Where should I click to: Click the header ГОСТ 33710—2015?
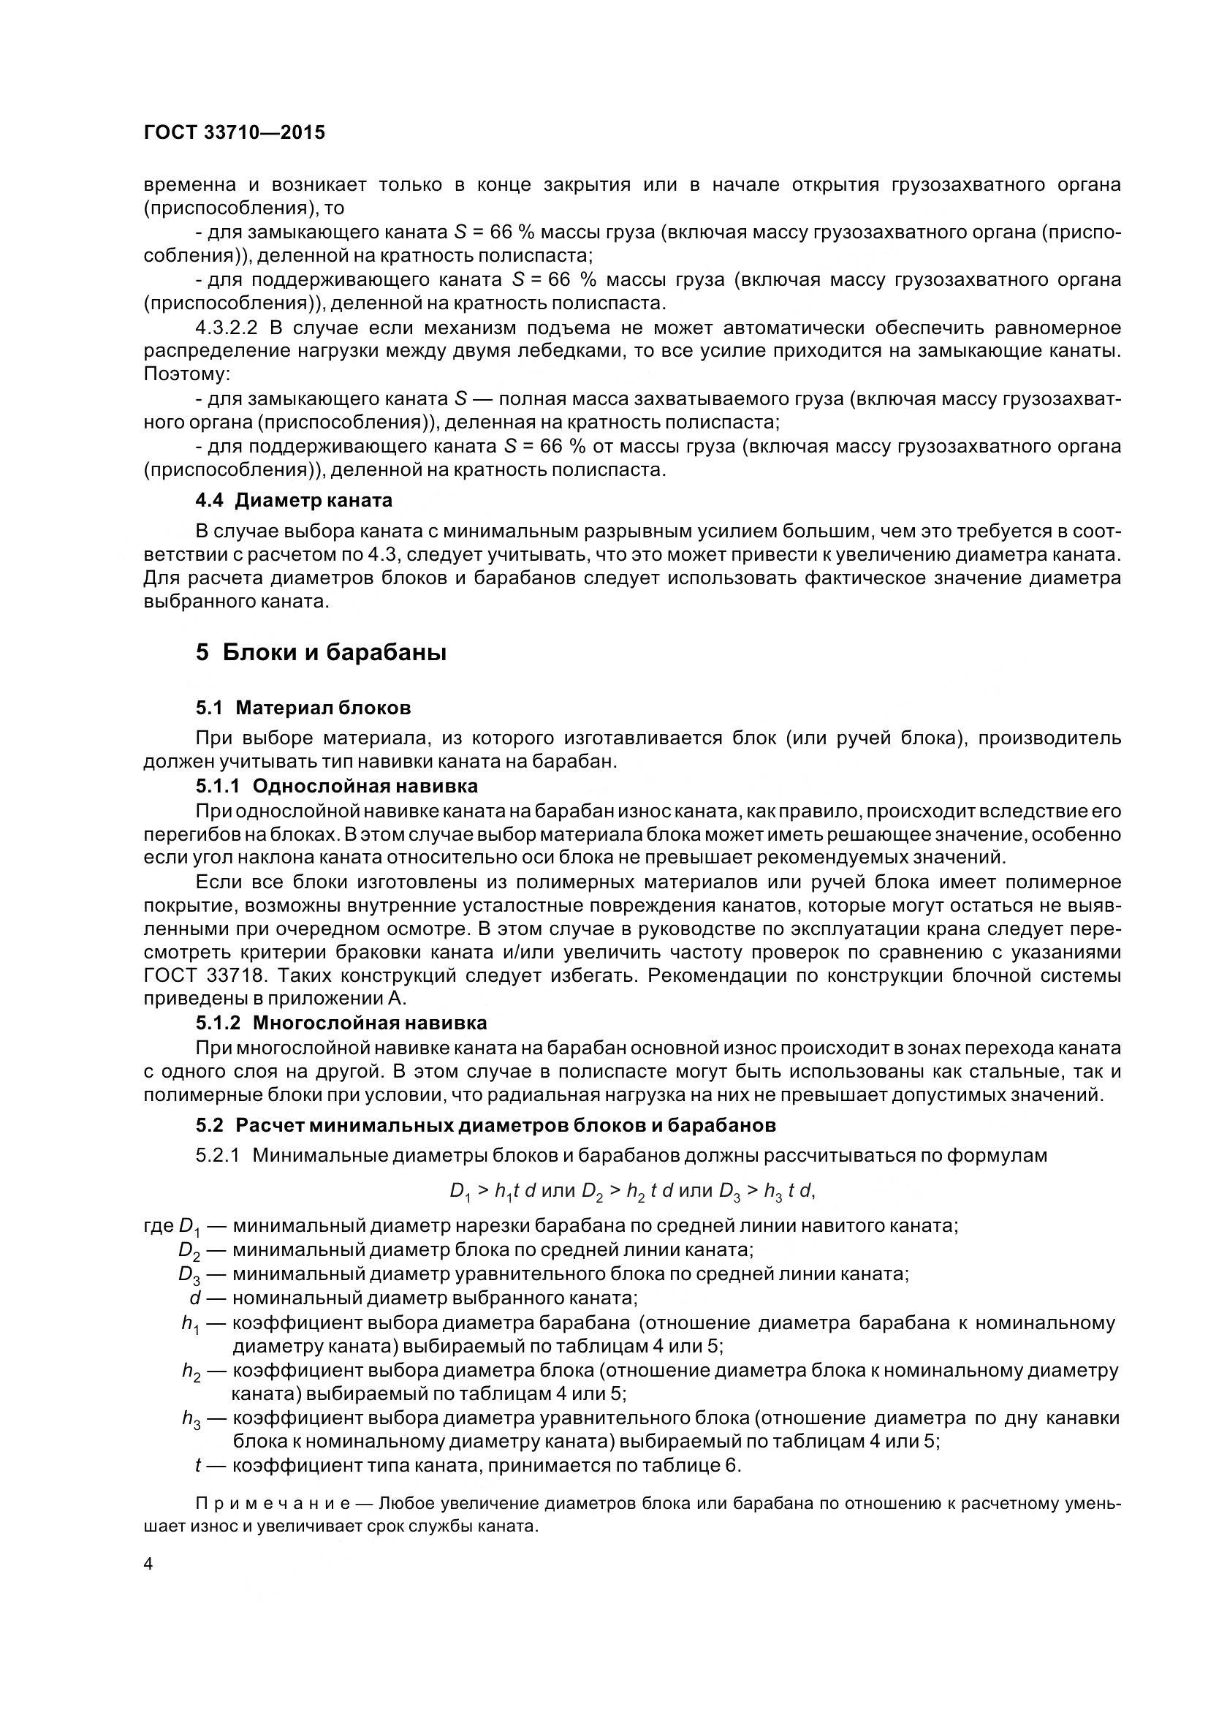pyautogui.click(x=235, y=132)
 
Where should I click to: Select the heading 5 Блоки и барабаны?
pyautogui.click(x=321, y=653)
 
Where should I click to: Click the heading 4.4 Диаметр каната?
pyautogui.click(x=294, y=500)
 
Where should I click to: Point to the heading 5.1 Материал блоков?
pyautogui.click(x=303, y=708)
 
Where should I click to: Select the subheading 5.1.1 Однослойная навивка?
pyautogui.click(x=336, y=786)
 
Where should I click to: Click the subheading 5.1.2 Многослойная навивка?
pyautogui.click(x=341, y=1023)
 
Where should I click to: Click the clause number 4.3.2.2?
pyautogui.click(x=226, y=328)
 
